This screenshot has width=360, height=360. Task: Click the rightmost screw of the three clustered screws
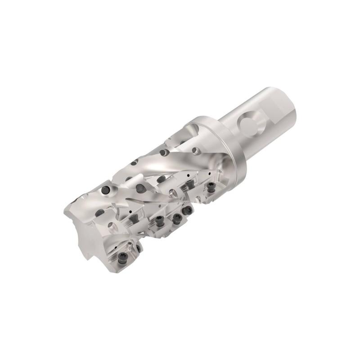click(x=188, y=210)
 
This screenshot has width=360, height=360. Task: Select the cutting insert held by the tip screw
click(x=128, y=256)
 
